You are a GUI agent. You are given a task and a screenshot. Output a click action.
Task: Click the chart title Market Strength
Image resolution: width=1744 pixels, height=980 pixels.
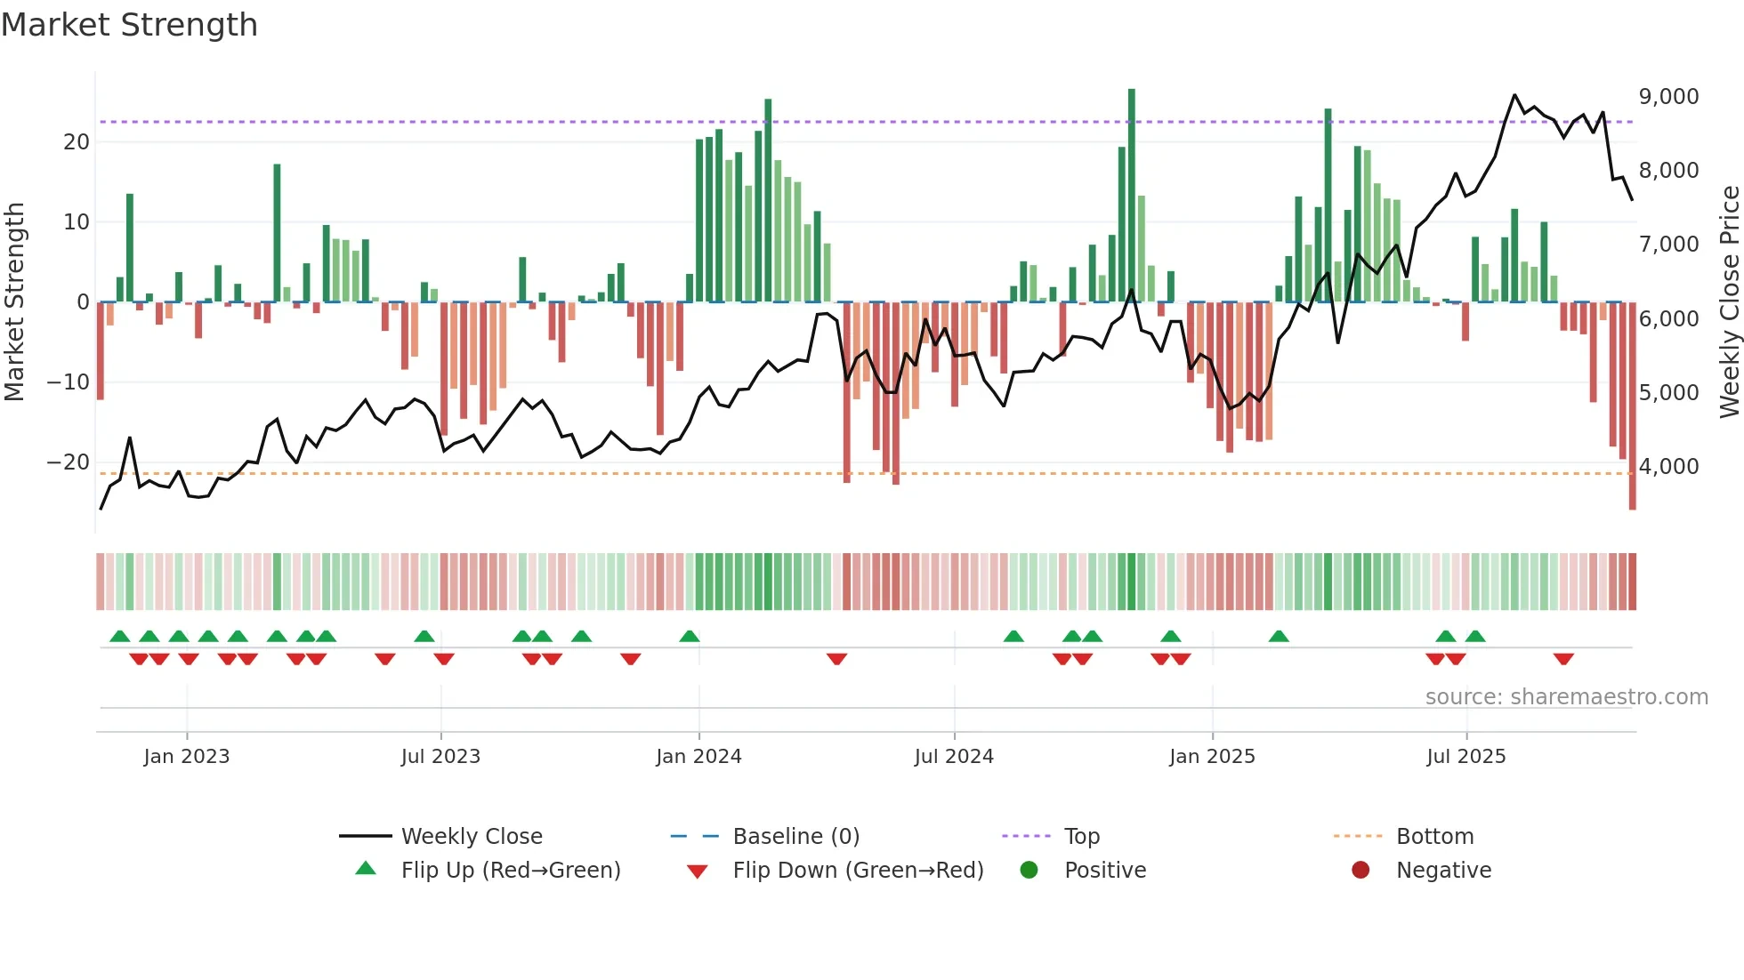(129, 25)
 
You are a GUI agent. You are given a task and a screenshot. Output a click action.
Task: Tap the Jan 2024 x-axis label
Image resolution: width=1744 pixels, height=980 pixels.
(698, 757)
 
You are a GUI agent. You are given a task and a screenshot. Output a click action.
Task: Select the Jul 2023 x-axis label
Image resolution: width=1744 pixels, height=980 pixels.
(440, 757)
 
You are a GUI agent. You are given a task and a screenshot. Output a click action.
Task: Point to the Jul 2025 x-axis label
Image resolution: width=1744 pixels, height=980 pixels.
(1465, 757)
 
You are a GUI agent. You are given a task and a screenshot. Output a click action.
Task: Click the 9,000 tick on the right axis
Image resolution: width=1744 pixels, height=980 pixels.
(1668, 97)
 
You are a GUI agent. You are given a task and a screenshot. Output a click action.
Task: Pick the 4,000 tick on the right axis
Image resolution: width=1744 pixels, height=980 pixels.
(1668, 467)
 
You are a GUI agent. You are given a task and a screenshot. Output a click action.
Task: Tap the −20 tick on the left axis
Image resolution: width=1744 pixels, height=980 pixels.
(69, 462)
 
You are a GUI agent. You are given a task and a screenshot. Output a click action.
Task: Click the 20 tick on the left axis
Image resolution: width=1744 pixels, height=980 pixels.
(77, 142)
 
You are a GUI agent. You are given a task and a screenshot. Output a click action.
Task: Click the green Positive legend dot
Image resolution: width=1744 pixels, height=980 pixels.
(1029, 871)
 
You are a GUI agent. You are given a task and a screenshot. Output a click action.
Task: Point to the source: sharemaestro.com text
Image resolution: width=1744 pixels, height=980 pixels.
(1566, 697)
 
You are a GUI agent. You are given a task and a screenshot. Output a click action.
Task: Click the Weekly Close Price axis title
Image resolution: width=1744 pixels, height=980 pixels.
(1729, 302)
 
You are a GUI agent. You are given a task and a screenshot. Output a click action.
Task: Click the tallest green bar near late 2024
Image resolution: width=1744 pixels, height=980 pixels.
(1132, 196)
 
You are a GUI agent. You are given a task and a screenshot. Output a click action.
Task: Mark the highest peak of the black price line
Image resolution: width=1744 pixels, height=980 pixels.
(1514, 95)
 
